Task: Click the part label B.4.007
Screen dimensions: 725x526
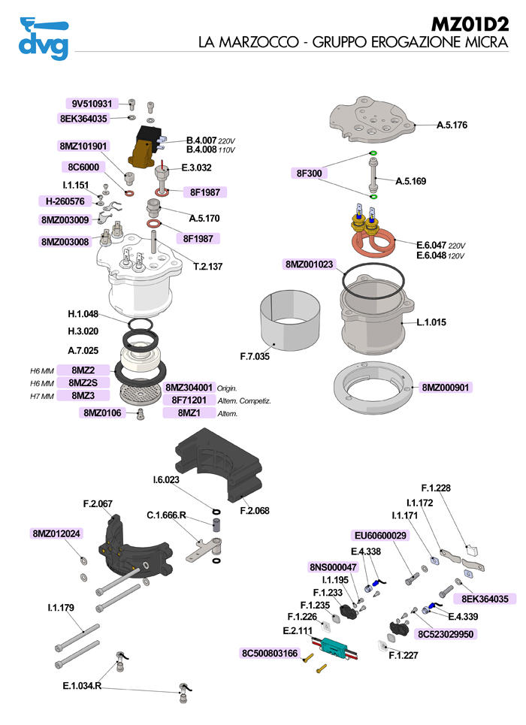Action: tap(201, 140)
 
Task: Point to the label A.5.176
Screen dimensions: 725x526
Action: tap(452, 125)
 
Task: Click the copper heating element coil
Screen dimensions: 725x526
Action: tap(373, 242)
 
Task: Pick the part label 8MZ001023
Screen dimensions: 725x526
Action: tap(310, 264)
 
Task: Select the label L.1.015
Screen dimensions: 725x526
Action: tap(431, 322)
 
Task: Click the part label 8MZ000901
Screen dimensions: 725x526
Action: tap(446, 388)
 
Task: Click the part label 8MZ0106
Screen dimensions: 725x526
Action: tap(101, 412)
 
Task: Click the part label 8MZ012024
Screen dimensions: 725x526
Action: tap(57, 533)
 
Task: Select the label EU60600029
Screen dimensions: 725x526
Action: tap(380, 536)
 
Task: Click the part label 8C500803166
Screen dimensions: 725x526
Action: tap(271, 652)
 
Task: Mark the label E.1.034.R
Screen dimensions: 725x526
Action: tap(82, 685)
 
